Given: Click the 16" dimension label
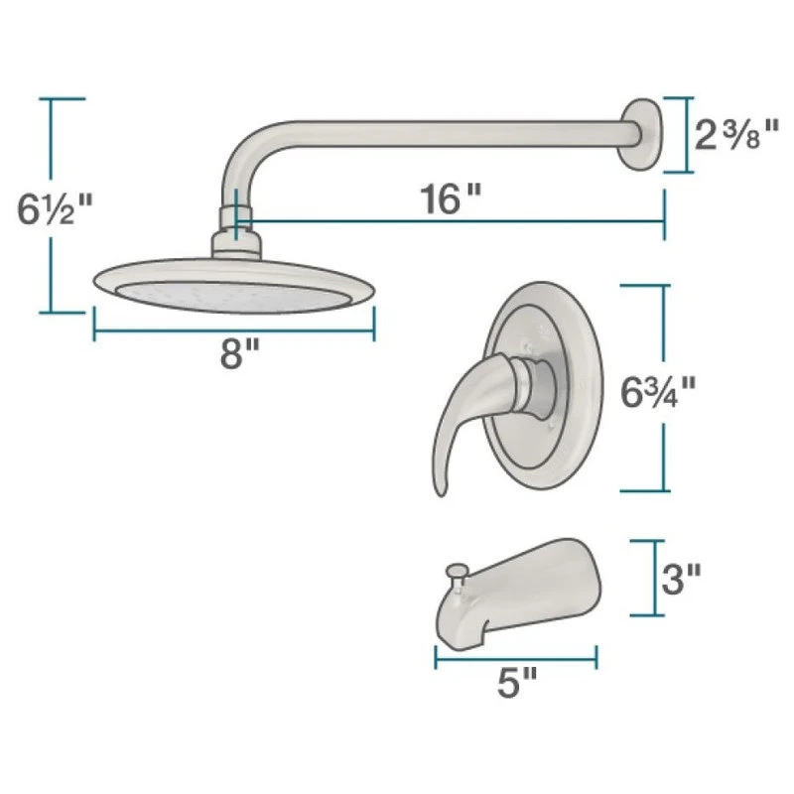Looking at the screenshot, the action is pyautogui.click(x=451, y=198).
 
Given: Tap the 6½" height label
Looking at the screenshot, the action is pyautogui.click(x=55, y=208).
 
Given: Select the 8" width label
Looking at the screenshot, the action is pyautogui.click(x=239, y=353).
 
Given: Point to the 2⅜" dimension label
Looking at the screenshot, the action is pyautogui.click(x=735, y=135).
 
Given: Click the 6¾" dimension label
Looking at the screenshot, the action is pyautogui.click(x=658, y=392).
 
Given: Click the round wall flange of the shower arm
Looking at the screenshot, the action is pyautogui.click(x=642, y=134).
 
